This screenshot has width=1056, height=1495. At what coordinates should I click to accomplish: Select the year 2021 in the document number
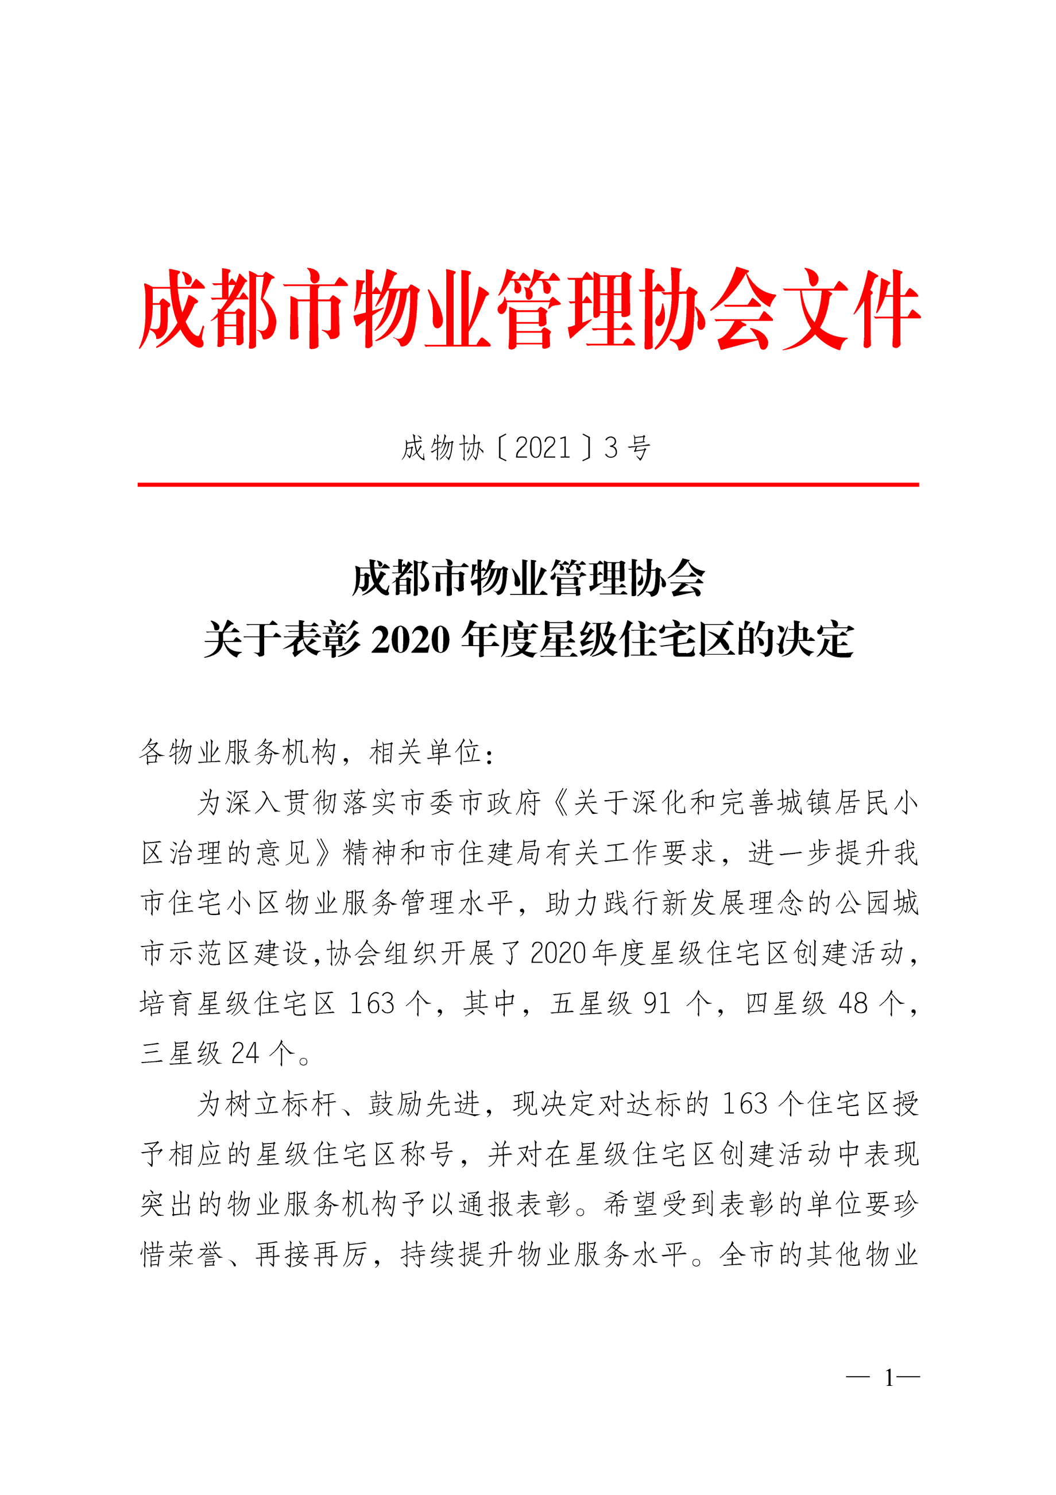pyautogui.click(x=542, y=448)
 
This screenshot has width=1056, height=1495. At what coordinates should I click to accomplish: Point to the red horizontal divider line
pyautogui.click(x=528, y=484)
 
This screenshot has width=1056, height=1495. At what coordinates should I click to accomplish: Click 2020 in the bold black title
pyautogui.click(x=410, y=639)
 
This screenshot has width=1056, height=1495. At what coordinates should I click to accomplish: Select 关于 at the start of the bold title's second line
pyautogui.click(x=242, y=639)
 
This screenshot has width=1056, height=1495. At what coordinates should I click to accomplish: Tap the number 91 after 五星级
pyautogui.click(x=657, y=1003)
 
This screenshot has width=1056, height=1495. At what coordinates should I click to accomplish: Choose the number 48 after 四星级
pyautogui.click(x=853, y=1003)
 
